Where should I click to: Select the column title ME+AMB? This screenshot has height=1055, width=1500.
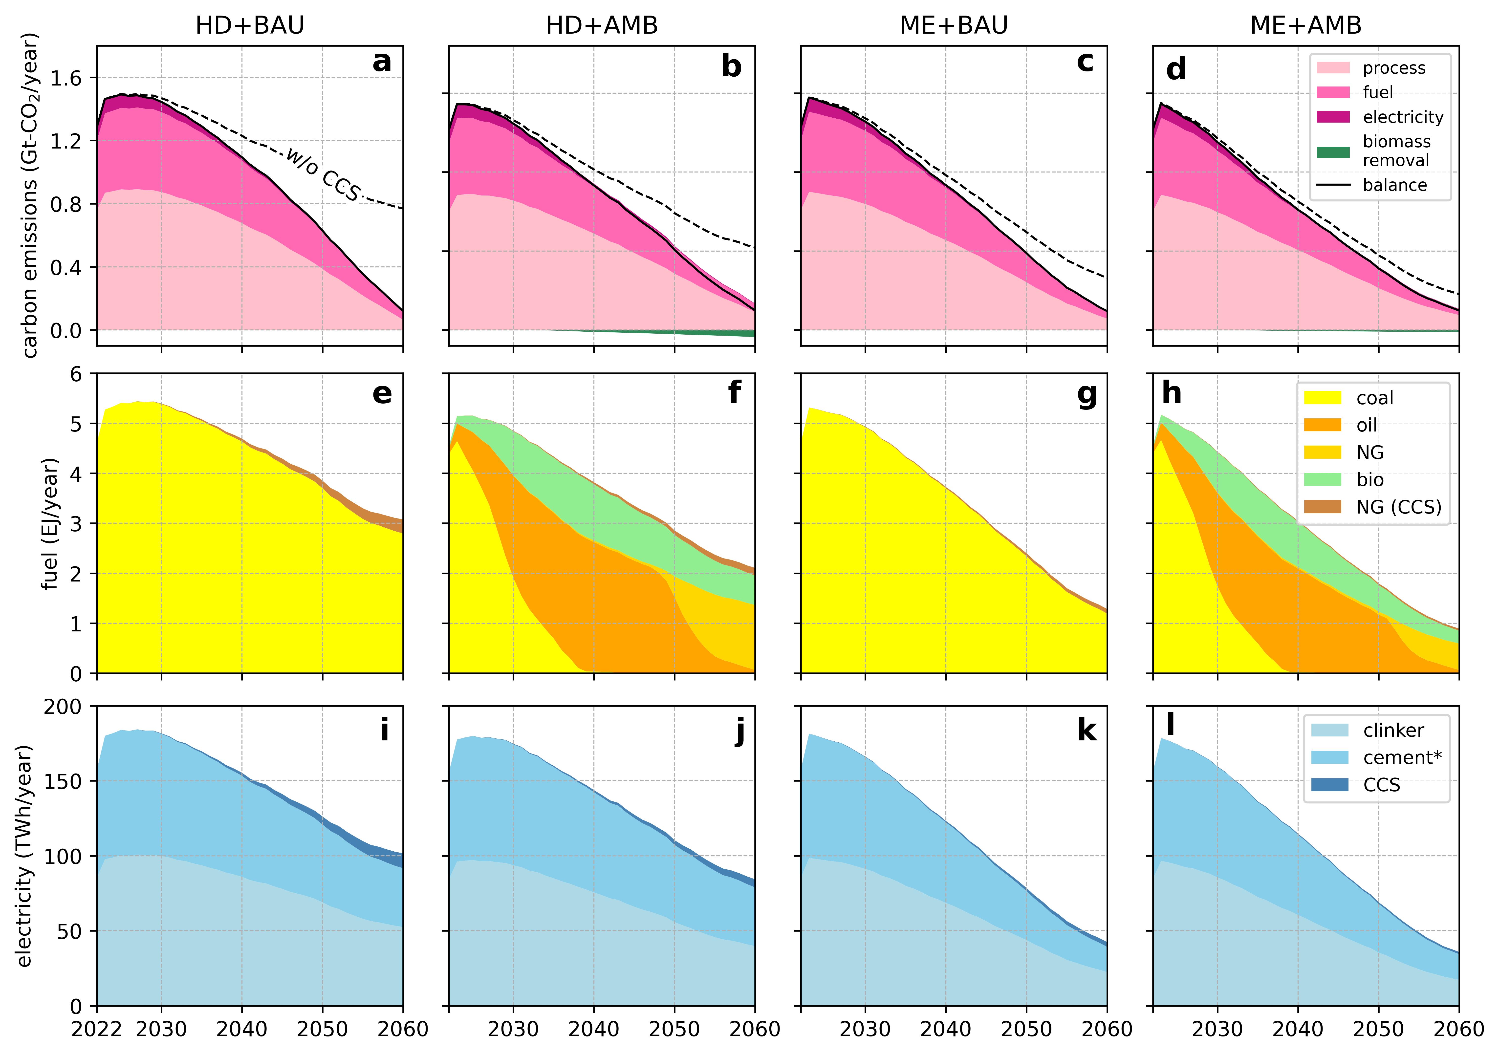1305,25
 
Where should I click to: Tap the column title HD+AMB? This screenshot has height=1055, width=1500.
602,25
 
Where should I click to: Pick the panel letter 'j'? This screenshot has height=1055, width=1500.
739,730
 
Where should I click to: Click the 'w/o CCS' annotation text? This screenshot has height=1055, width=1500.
323,174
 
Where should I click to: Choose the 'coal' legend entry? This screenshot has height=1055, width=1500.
1374,398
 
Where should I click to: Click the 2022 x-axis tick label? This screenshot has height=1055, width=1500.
97,1030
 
